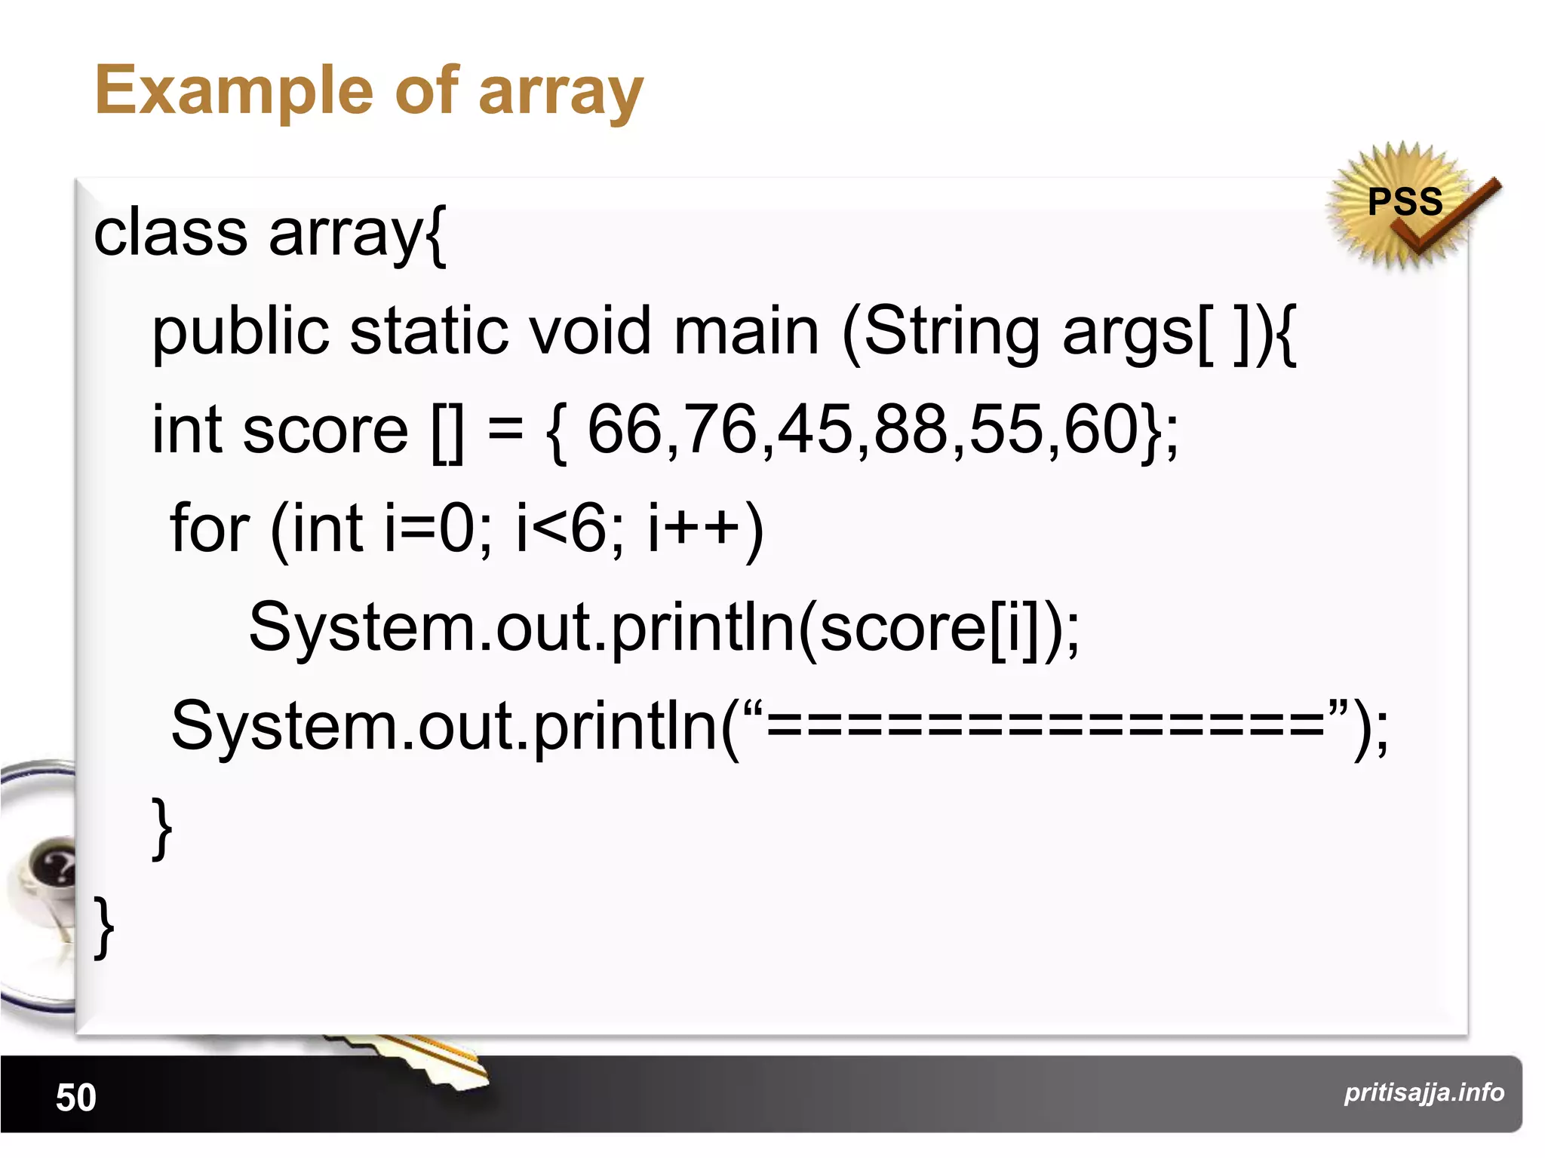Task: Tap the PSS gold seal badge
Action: pyautogui.click(x=1404, y=204)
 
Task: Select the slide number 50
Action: pyautogui.click(x=76, y=1097)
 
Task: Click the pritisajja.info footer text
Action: pyautogui.click(x=1424, y=1092)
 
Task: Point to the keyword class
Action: pyautogui.click(x=170, y=232)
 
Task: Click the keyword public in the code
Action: pyautogui.click(x=241, y=332)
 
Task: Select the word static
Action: pyautogui.click(x=429, y=331)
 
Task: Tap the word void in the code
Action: pyautogui.click(x=588, y=331)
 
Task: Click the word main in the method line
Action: pyautogui.click(x=746, y=331)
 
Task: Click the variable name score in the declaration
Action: pyautogui.click(x=325, y=430)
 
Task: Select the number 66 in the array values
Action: pyautogui.click(x=625, y=429)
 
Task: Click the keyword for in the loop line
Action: pyautogui.click(x=210, y=528)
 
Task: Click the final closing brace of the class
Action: pyautogui.click(x=103, y=927)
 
